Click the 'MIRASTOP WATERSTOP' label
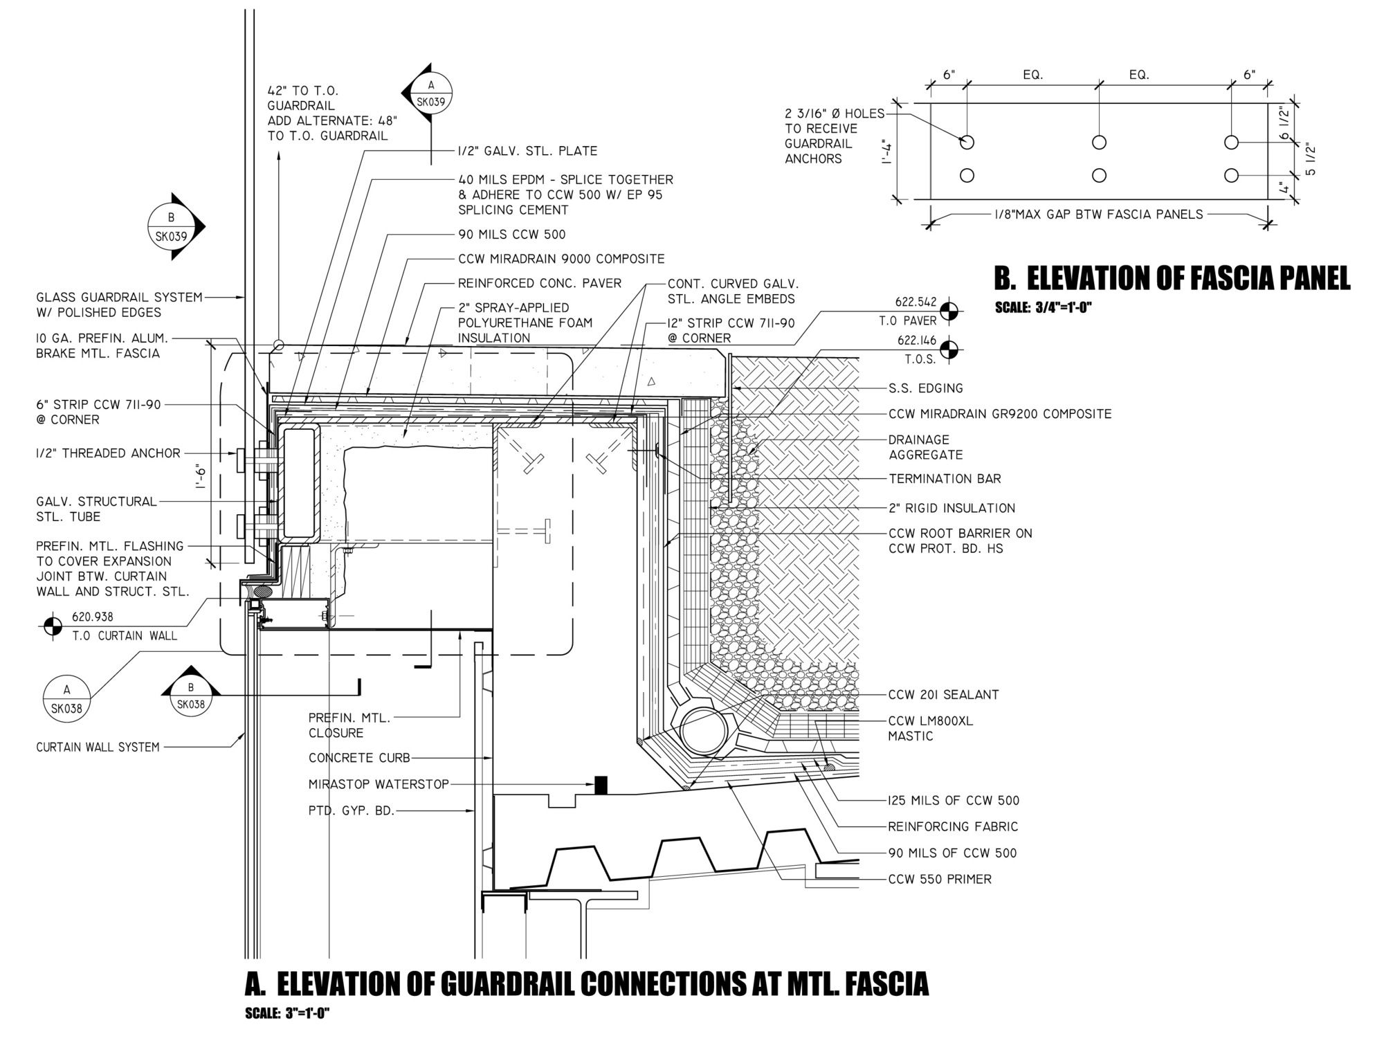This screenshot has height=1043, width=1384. point(379,784)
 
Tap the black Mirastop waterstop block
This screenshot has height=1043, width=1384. point(601,785)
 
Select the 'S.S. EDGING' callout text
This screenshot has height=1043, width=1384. point(925,388)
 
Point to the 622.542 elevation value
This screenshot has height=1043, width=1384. point(916,302)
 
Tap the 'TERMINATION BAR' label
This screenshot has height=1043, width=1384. point(945,479)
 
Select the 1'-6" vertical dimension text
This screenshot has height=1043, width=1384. point(201,477)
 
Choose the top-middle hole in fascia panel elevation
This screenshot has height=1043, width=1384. point(1099,143)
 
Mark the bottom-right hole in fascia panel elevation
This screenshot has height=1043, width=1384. point(1231,175)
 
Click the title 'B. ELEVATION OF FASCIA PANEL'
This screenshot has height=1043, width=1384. point(1172,278)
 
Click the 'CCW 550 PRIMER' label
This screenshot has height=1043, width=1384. point(940,880)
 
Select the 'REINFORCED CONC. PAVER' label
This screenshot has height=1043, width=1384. point(540,283)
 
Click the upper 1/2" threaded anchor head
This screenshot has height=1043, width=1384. point(240,460)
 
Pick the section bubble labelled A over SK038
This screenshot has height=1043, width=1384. point(66,700)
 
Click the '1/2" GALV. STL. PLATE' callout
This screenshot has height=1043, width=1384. point(527,151)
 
